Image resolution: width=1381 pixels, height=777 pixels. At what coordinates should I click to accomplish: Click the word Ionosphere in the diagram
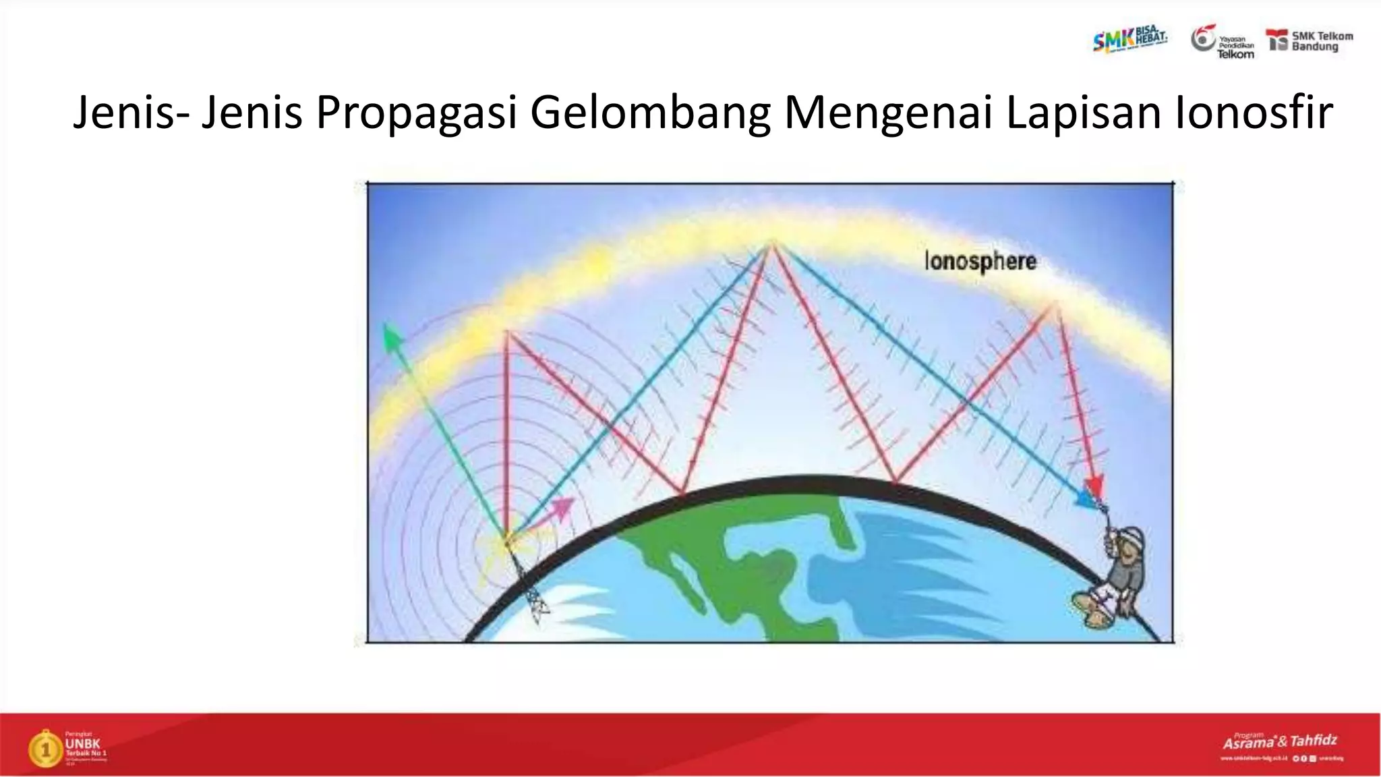[980, 262]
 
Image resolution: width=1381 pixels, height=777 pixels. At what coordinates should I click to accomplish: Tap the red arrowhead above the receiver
[1094, 485]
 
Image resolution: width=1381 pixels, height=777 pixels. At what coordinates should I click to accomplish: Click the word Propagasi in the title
[416, 112]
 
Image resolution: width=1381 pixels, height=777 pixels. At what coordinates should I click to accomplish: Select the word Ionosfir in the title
[1254, 112]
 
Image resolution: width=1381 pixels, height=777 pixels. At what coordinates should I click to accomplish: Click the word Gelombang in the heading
[650, 112]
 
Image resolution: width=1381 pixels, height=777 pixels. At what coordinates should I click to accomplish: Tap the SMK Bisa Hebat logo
[1129, 40]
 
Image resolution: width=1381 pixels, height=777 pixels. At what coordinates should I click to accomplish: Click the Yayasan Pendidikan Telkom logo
[1223, 42]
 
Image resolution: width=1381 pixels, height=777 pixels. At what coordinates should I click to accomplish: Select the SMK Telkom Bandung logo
[1310, 41]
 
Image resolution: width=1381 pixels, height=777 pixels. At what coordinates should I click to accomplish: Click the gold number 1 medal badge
[45, 749]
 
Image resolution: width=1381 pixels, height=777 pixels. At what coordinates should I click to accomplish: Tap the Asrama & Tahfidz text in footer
[1280, 741]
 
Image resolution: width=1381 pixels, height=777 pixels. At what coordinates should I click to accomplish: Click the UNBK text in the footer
[82, 744]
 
